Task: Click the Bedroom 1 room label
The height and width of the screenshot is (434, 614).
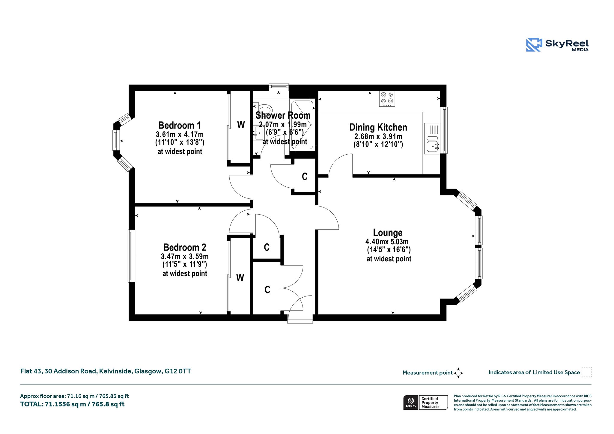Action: pos(180,125)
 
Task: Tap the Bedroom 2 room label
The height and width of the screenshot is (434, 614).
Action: pos(185,247)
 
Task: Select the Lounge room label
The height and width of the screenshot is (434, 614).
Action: pos(388,233)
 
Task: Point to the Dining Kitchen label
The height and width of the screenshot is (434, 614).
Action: pos(378,127)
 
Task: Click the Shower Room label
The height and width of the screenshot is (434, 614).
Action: pos(283,115)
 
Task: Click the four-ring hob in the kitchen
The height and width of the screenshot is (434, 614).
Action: pos(387,99)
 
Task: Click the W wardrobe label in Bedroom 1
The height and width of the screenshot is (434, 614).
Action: pos(241,125)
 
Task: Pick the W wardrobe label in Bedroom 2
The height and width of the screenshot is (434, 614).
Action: pos(240,278)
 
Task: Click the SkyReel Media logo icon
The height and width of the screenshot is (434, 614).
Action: pos(534,45)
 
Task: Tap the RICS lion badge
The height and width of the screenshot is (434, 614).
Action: pos(411,402)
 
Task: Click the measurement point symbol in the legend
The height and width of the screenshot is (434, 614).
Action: pos(458,373)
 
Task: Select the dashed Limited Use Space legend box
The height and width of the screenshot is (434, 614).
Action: pos(587,372)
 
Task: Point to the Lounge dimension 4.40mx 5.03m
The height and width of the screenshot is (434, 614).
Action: pos(387,242)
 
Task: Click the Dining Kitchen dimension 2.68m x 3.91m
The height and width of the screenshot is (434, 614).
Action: pos(378,137)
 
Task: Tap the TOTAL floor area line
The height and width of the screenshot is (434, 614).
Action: pos(72,404)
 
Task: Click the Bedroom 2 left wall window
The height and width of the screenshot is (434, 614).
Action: pos(131,256)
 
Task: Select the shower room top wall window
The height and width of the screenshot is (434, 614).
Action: pos(279,87)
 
